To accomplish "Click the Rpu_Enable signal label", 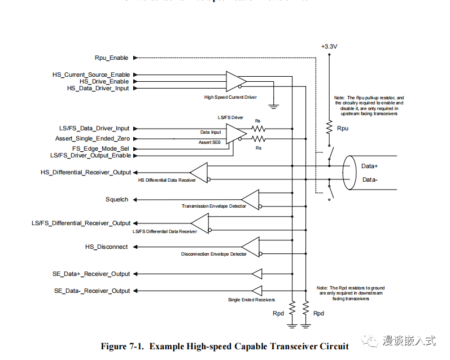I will pyautogui.click(x=111, y=58).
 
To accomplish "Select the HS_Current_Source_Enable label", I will pyautogui.click(x=91, y=74).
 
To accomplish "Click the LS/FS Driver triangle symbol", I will pyautogui.click(x=235, y=133).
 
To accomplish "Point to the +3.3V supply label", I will pyautogui.click(x=329, y=46).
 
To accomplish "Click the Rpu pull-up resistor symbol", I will pyautogui.click(x=329, y=128).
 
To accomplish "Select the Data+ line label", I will pyautogui.click(x=370, y=166).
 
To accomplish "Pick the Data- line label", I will pyautogui.click(x=370, y=179).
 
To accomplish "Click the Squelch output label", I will pyautogui.click(x=117, y=199).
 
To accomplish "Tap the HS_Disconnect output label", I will pyautogui.click(x=106, y=247).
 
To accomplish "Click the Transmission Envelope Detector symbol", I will pyautogui.click(x=250, y=199).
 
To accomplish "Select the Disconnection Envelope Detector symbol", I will pyautogui.click(x=250, y=247).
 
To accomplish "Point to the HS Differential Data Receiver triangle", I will pyautogui.click(x=199, y=172).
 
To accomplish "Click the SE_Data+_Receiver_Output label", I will pyautogui.click(x=91, y=274).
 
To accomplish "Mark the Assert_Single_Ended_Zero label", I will pyautogui.click(x=93, y=138).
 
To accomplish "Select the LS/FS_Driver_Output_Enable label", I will pyautogui.click(x=90, y=155).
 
